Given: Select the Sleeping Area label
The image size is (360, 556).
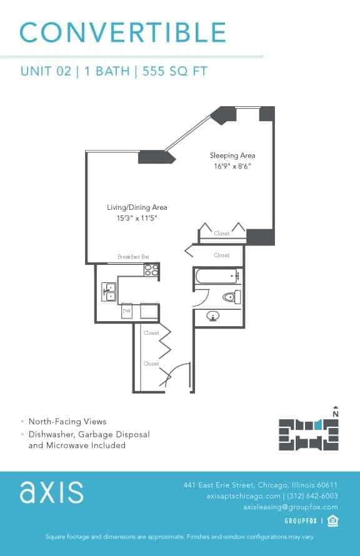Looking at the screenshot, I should click(232, 156).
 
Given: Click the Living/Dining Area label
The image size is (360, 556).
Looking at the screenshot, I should click(136, 207).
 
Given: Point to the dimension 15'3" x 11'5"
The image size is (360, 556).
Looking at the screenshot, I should click(136, 219).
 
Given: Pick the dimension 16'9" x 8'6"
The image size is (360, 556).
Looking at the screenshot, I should click(232, 166).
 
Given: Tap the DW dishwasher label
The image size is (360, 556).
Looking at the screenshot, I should click(126, 310).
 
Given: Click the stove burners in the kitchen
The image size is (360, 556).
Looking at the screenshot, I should click(151, 270).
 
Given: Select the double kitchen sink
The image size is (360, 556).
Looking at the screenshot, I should click(109, 292).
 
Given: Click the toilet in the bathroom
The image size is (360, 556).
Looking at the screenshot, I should click(231, 297).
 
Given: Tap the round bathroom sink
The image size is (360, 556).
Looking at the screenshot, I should click(214, 317).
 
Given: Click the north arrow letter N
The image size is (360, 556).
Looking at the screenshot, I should click(336, 414).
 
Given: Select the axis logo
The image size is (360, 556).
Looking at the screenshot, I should click(51, 492).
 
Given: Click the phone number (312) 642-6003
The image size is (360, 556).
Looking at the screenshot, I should click(311, 496).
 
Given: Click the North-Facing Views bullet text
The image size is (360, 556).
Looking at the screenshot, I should click(67, 422).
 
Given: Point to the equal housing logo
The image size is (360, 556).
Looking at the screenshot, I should click(332, 521).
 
